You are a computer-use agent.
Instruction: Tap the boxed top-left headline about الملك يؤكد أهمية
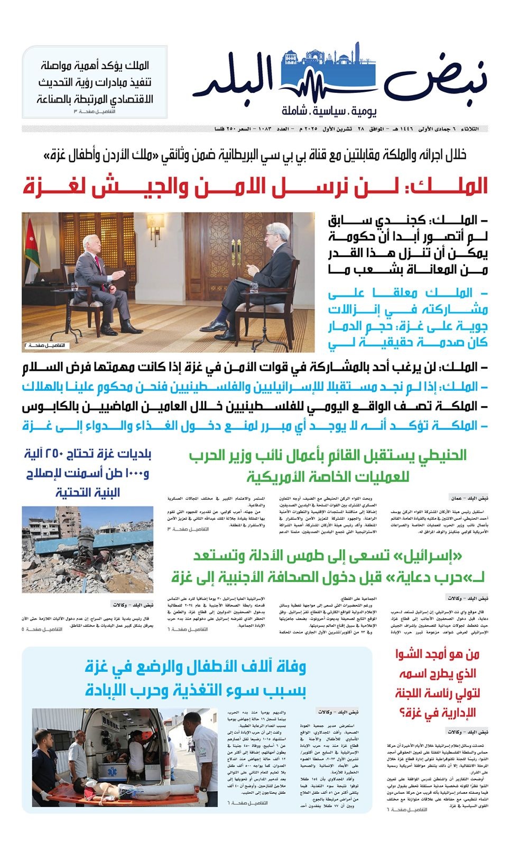tap(95, 81)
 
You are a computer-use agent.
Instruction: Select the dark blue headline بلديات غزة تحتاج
tap(88, 473)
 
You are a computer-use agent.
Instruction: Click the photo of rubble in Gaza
tap(88, 549)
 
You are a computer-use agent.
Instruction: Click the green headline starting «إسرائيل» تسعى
tap(328, 567)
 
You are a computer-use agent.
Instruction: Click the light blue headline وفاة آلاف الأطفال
tap(196, 678)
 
